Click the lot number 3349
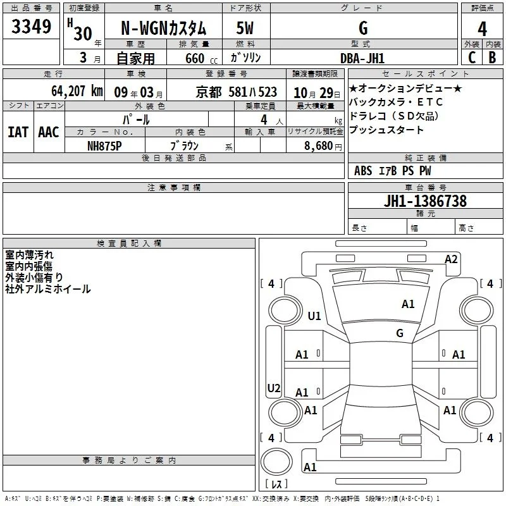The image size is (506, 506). coord(31,27)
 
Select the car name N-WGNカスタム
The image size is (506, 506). coord(163,28)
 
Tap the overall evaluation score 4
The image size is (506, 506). coord(482,29)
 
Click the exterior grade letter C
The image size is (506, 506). coord(472,58)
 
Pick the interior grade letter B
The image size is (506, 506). coord(492,58)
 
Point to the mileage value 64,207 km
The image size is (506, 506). coord(77,91)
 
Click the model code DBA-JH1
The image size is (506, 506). coord(362,58)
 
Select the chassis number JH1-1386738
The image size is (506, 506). coord(425,201)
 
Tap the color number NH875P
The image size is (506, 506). coord(104,146)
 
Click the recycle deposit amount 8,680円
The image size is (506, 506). coord(323,146)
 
